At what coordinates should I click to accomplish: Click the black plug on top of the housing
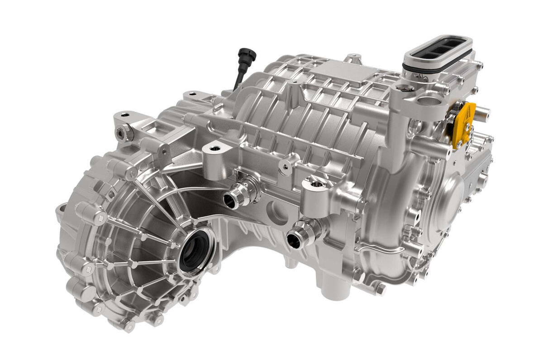pyautogui.click(x=248, y=56)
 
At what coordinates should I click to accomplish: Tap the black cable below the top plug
pyautogui.click(x=238, y=80)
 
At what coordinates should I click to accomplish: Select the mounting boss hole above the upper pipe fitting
pyautogui.click(x=214, y=149)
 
